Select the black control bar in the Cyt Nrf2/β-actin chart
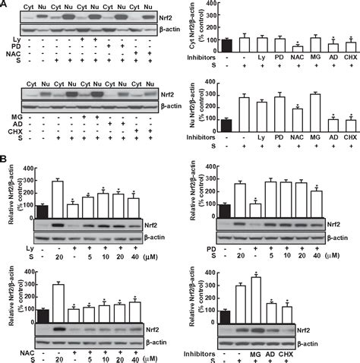pos(226,43)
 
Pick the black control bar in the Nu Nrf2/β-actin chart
pos(226,125)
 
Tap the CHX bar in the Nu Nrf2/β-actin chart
pos(349,125)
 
